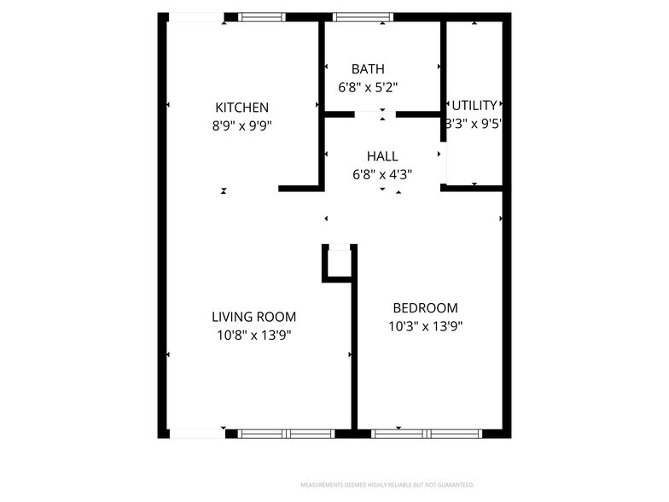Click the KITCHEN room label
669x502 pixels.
241,108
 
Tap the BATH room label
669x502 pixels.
368,69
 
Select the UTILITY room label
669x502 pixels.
474,106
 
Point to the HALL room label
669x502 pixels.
381,156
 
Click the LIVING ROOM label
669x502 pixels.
253,318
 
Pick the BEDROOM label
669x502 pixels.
425,308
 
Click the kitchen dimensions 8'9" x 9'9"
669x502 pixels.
241,125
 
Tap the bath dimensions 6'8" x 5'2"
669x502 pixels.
369,86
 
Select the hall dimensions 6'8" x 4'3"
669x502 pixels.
382,174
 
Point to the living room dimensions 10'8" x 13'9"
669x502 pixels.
253,336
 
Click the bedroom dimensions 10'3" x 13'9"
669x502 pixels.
425,326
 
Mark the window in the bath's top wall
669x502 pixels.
363,16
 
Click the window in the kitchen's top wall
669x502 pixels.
262,16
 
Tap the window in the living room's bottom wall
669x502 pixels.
286,434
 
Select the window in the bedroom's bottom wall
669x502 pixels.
427,434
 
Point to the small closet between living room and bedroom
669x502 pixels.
339,262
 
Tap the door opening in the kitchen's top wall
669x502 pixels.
196,16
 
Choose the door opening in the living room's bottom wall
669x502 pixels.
197,434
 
